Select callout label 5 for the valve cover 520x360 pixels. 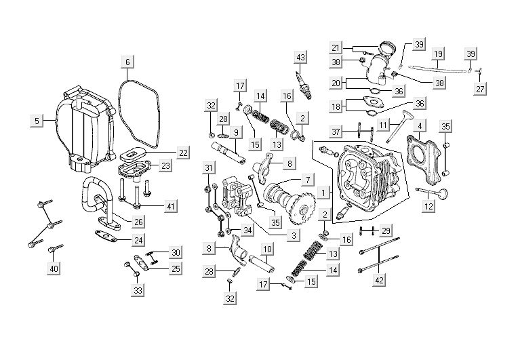click(35, 121)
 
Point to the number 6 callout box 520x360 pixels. click(127, 62)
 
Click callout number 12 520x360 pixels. click(428, 206)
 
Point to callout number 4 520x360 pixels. click(421, 125)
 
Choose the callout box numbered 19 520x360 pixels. click(439, 54)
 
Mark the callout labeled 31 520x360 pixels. click(209, 168)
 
